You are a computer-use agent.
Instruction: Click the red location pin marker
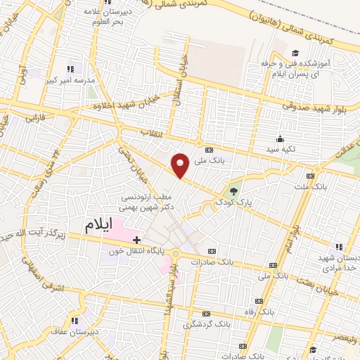tap(181, 165)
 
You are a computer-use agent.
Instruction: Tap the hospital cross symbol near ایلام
tap(136, 240)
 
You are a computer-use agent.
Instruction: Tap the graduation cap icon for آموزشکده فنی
tap(295, 53)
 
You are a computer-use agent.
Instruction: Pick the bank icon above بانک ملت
tap(310, 176)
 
